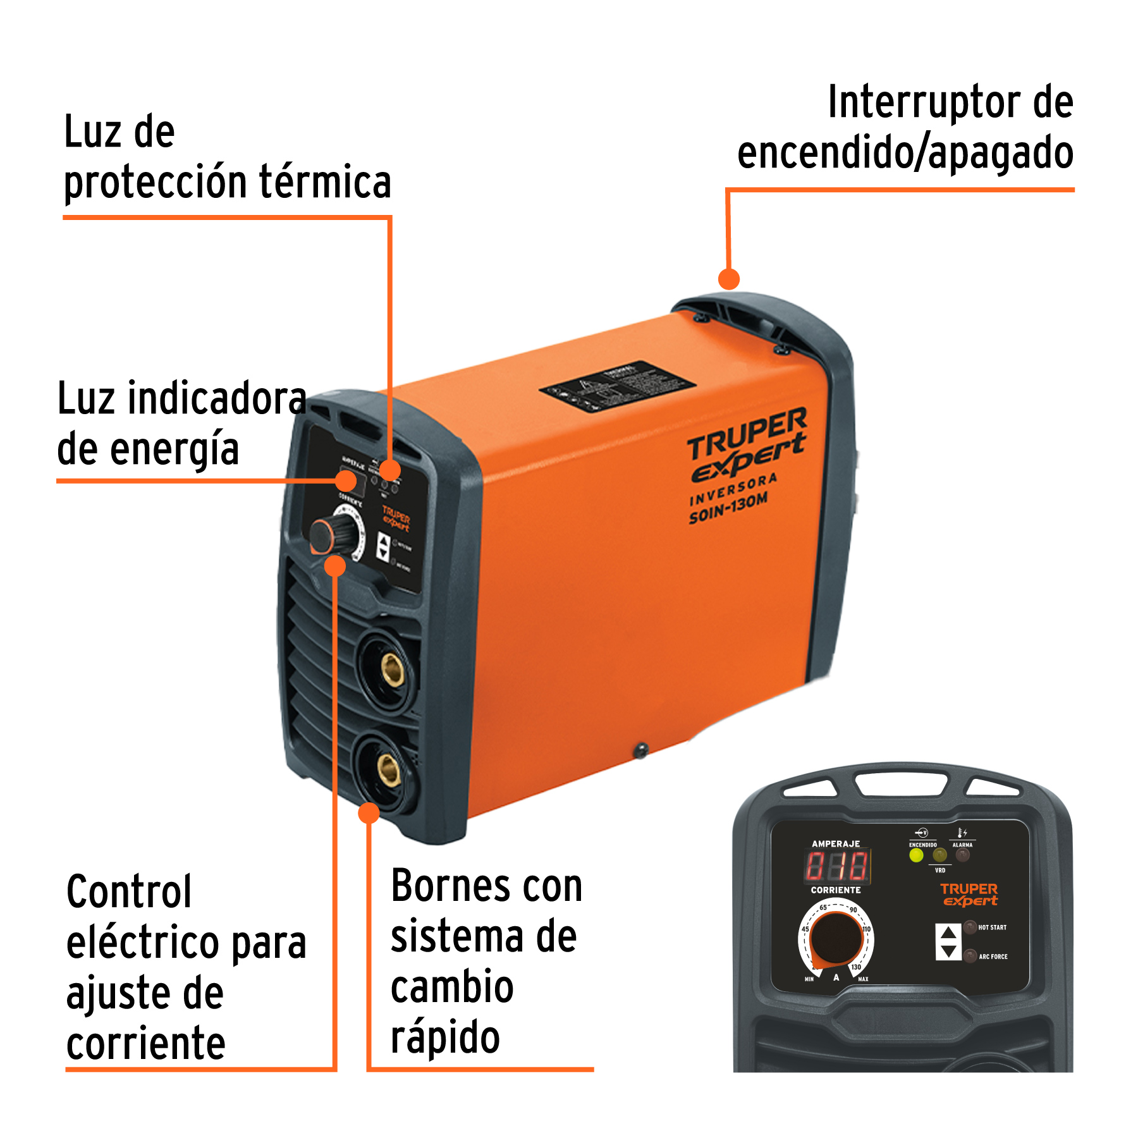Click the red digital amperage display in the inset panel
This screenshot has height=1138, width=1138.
836,866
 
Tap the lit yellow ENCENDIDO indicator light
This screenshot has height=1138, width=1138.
916,855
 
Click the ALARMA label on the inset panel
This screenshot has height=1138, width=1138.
962,845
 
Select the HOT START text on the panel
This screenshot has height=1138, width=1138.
992,927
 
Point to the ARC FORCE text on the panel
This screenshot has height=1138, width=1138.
993,957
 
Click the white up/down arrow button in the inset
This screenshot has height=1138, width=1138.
948,942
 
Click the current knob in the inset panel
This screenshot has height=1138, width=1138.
836,939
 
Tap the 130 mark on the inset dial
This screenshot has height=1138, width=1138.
856,967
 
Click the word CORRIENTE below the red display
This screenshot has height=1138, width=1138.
836,890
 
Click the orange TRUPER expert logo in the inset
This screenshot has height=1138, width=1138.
969,895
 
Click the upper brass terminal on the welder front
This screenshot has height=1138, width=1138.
393,670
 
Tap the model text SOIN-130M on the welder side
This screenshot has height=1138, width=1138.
728,508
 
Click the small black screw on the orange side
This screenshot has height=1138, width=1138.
641,750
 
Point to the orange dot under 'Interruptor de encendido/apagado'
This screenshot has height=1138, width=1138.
729,279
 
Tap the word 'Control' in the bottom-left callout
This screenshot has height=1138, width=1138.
129,891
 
